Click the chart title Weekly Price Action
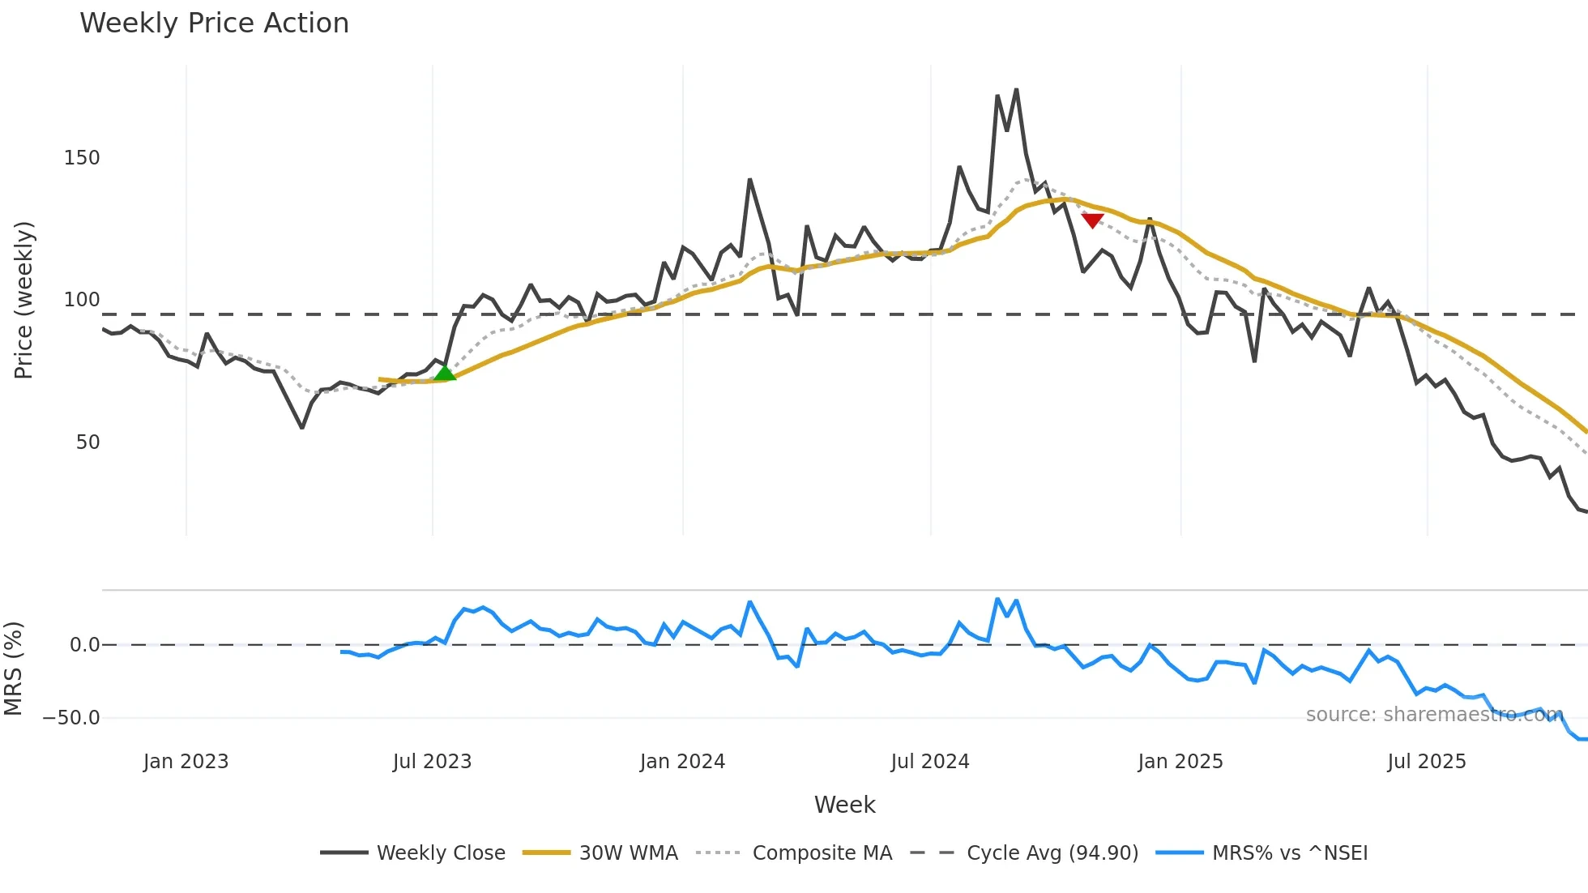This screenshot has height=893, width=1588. coord(214,23)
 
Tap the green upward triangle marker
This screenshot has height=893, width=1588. coord(445,374)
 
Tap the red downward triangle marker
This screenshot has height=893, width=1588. coord(1092,220)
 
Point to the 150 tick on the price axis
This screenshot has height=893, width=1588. coord(82,158)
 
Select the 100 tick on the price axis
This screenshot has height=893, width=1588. coord(82,300)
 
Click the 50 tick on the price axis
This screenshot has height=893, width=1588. coord(88,442)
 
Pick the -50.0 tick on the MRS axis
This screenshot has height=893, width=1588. coord(71,718)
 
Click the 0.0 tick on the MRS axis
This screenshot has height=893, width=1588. coord(84,645)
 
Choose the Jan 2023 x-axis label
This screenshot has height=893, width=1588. coord(186,762)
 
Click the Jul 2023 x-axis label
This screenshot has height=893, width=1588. coord(432,762)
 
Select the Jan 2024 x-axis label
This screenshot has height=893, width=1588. coord(682,762)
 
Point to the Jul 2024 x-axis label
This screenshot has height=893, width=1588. coord(930,762)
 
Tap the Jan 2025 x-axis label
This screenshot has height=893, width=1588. coord(1180,762)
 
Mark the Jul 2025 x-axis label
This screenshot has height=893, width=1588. coord(1427,762)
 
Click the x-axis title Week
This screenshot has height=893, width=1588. coord(844,805)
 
